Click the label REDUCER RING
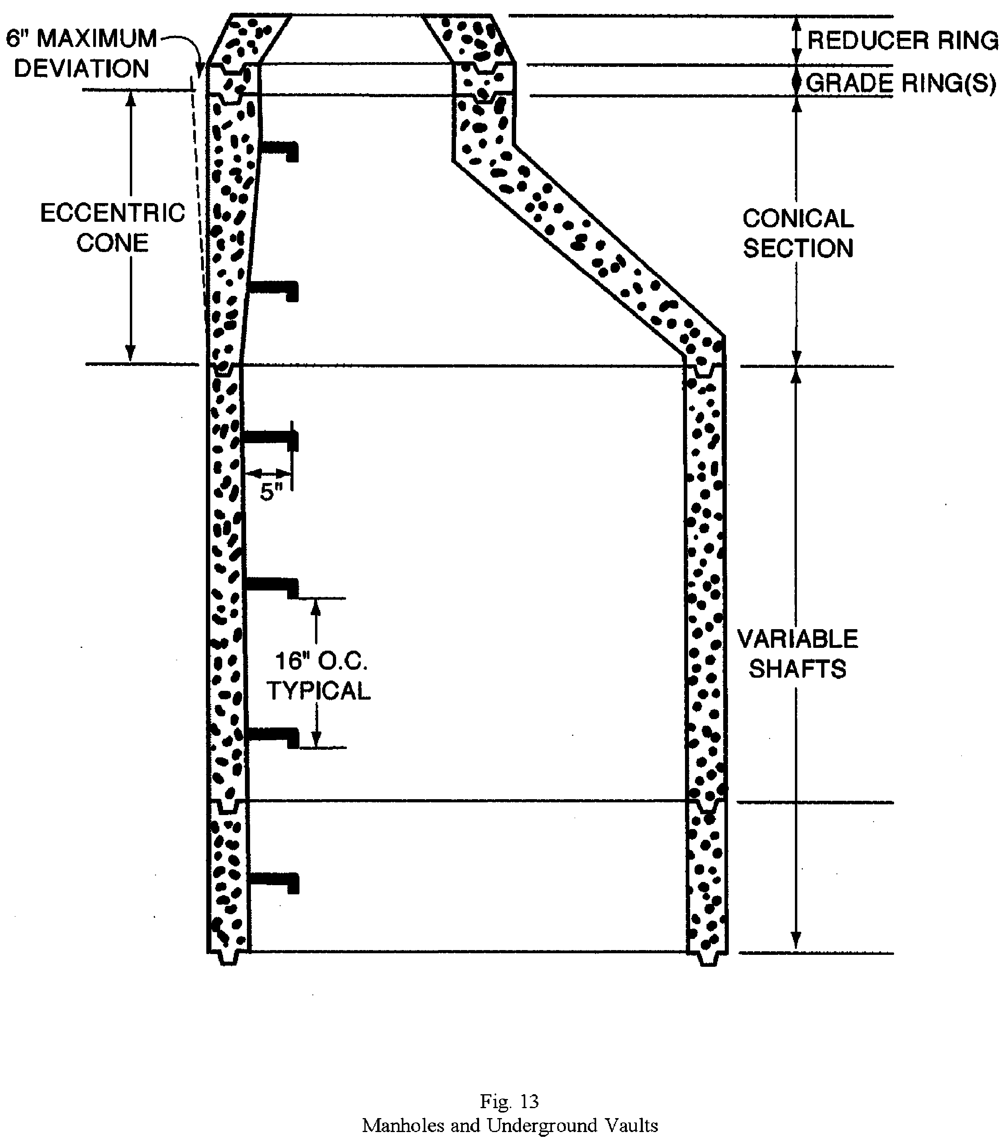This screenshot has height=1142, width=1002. click(x=902, y=40)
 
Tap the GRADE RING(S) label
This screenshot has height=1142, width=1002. click(x=900, y=83)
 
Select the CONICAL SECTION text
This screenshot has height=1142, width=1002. click(x=797, y=234)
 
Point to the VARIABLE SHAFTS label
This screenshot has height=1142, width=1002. click(x=797, y=654)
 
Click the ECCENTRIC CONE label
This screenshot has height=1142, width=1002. click(x=112, y=228)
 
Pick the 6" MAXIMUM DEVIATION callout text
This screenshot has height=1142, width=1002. click(x=82, y=54)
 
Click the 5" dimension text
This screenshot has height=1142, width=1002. click(x=271, y=492)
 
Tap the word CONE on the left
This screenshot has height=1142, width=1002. click(x=112, y=243)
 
